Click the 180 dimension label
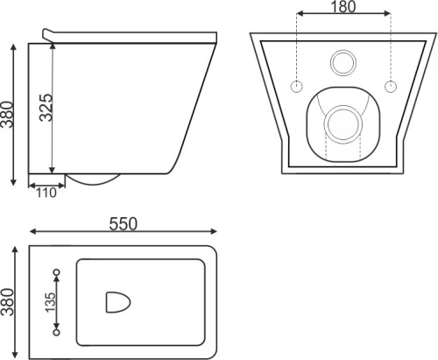(343, 7)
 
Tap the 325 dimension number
(46, 108)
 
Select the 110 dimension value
(46, 193)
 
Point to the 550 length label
(123, 224)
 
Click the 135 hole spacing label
(50, 302)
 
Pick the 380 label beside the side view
(7, 115)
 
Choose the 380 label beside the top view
(7, 302)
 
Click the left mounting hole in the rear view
(296, 87)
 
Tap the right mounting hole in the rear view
(391, 87)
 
